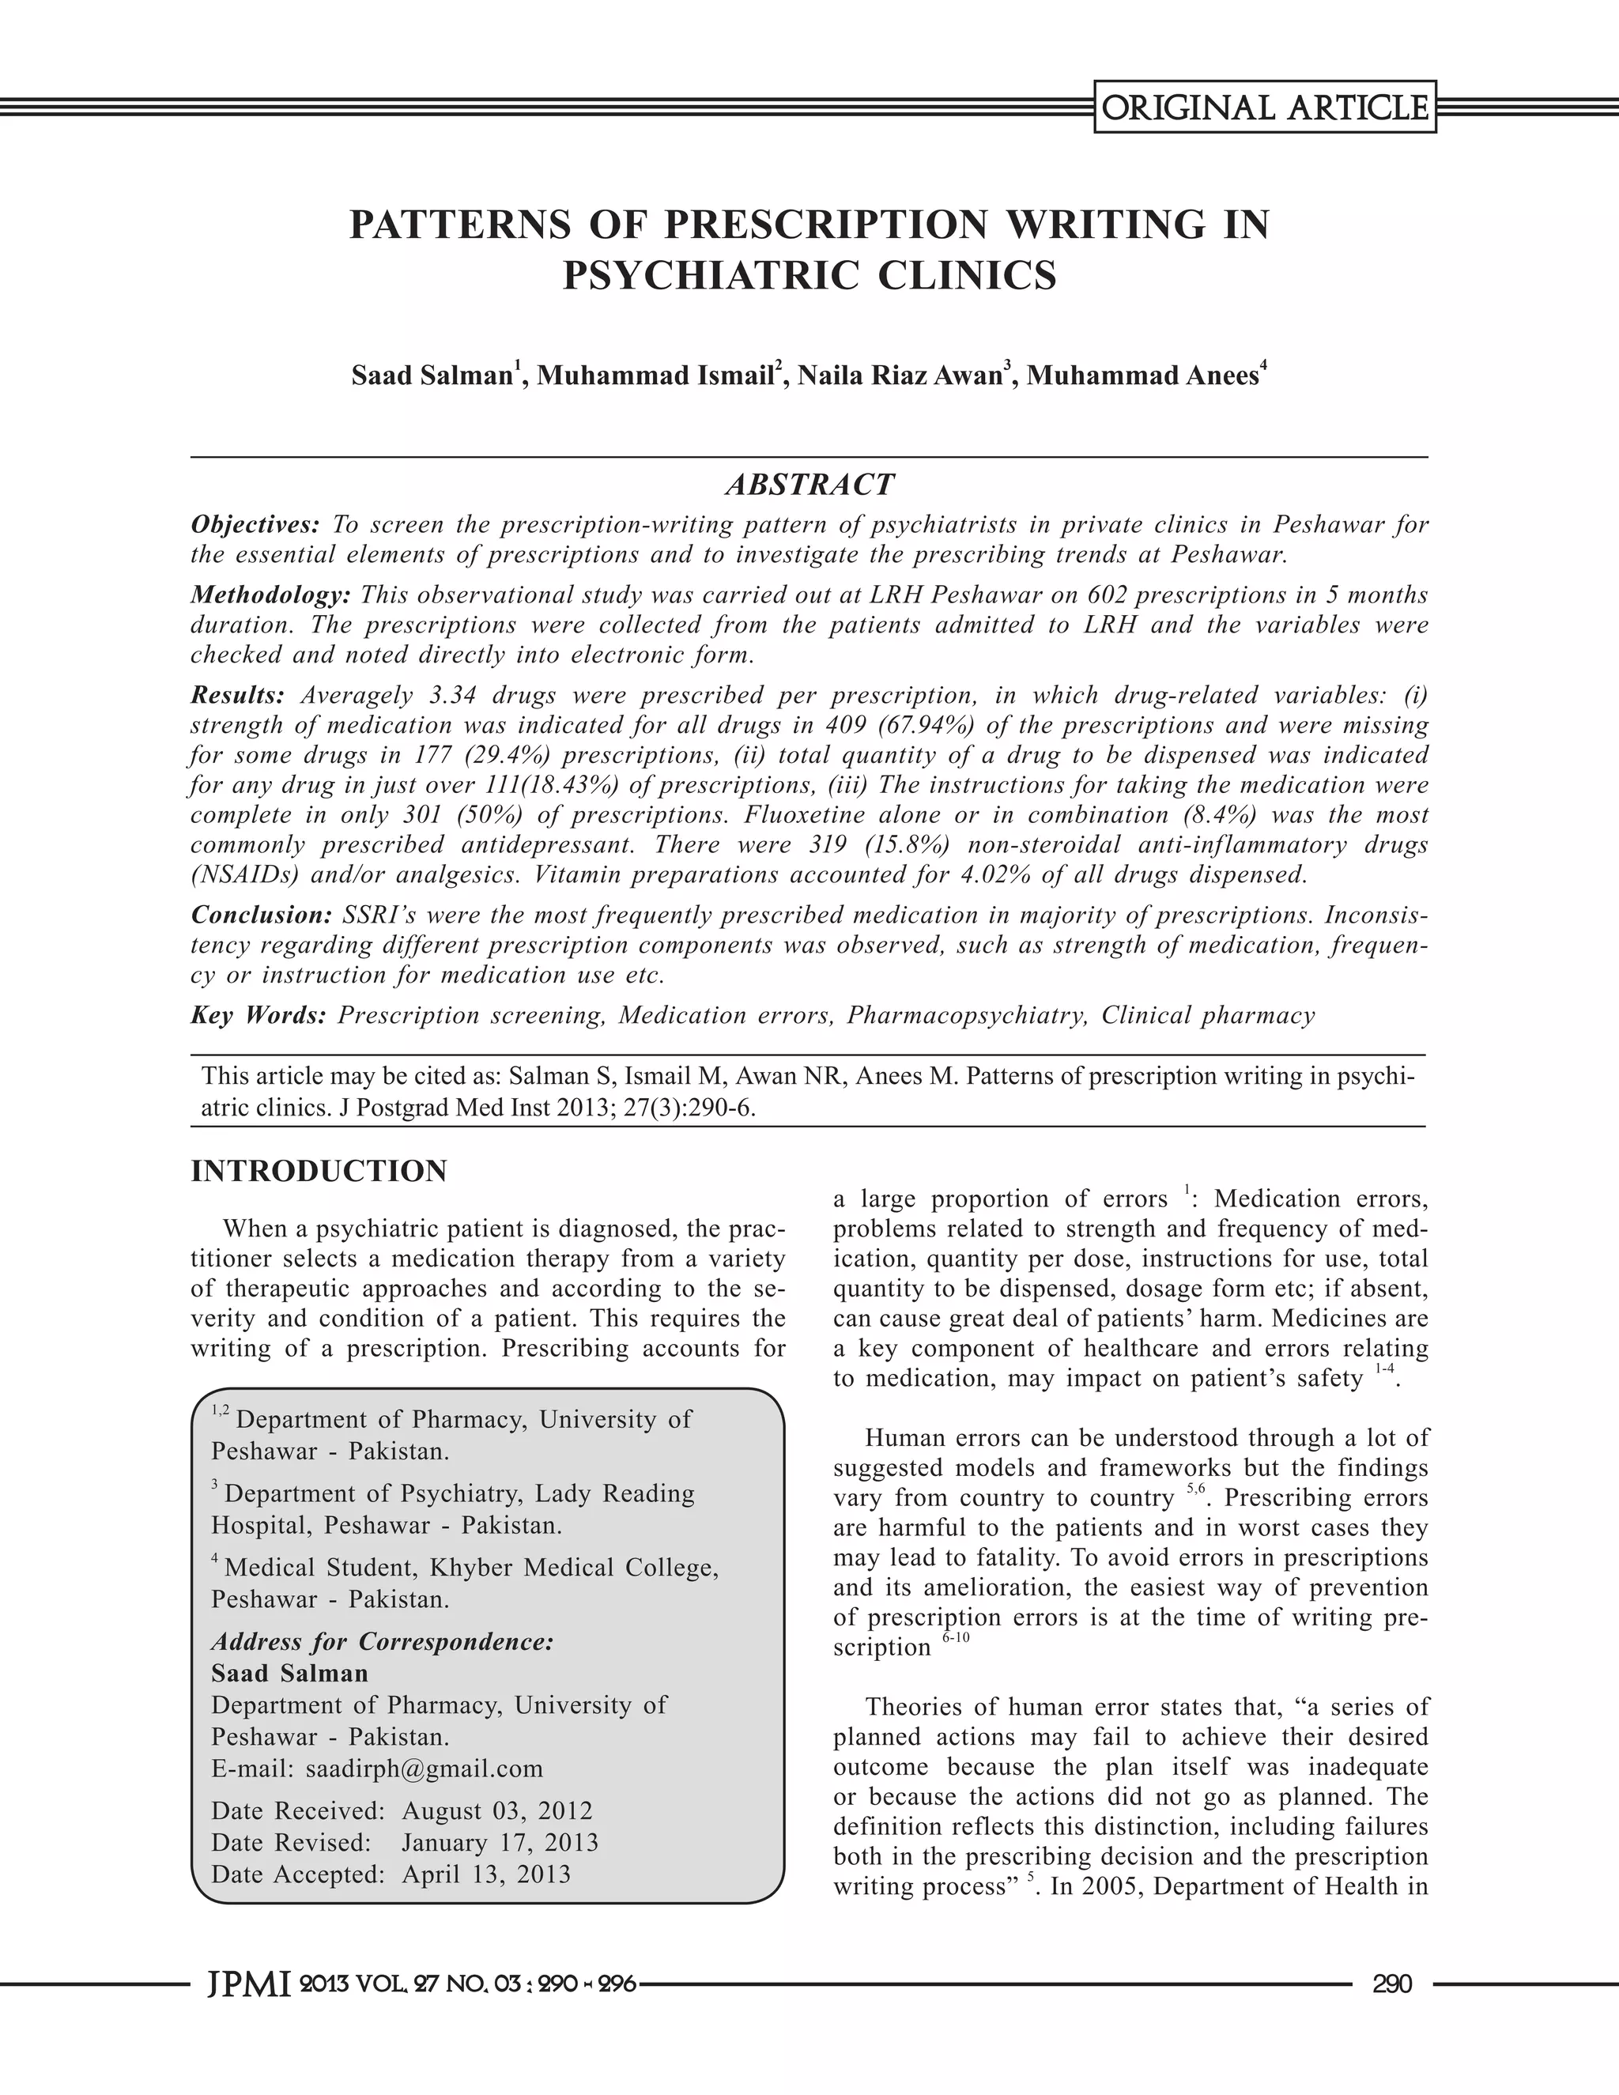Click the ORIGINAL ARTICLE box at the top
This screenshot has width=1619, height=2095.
click(1265, 108)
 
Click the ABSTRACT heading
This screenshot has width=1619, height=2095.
click(809, 485)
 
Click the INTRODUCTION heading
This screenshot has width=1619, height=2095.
click(319, 1172)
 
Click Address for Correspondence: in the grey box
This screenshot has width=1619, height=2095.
click(382, 1641)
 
